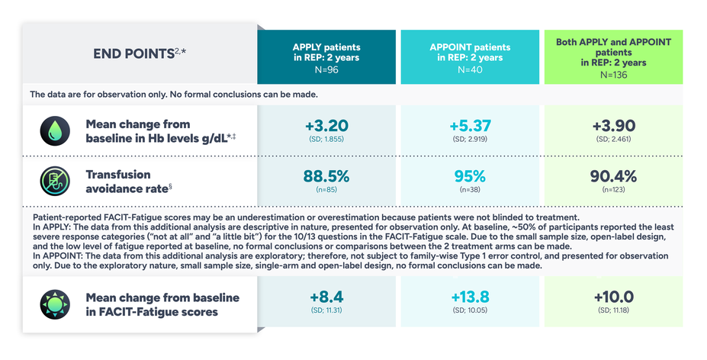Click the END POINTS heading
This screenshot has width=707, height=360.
(138, 53)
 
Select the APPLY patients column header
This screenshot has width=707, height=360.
(326, 52)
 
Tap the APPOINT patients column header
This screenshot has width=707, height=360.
(471, 52)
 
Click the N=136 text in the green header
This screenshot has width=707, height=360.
(612, 74)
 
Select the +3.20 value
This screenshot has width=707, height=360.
(326, 126)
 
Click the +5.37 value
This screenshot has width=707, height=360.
(471, 126)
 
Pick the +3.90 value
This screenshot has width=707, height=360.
(612, 126)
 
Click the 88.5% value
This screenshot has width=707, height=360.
(326, 176)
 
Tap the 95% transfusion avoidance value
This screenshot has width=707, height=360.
(471, 176)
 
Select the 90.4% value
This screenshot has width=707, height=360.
(612, 176)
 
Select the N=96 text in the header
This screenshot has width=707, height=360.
(326, 69)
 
